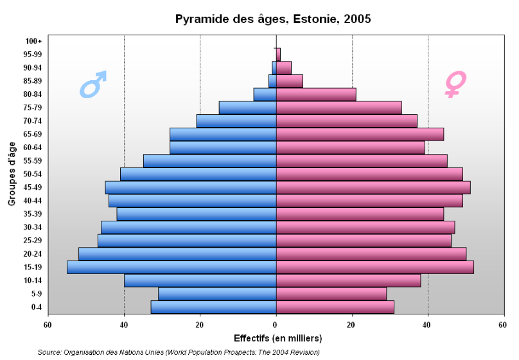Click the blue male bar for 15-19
click(172, 267)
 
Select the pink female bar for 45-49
click(373, 187)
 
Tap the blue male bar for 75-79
click(247, 108)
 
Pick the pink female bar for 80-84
click(316, 94)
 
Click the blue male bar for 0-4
click(213, 307)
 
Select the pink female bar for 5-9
click(331, 294)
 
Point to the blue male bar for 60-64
click(223, 148)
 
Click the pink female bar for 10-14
click(348, 280)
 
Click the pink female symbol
click(455, 83)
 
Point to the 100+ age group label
click(34, 41)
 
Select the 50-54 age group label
click(31, 174)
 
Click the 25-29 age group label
click(31, 241)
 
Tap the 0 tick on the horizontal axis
click(276, 325)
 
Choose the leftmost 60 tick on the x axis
click(48, 325)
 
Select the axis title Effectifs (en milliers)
click(278, 338)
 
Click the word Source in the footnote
click(49, 352)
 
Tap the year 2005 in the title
click(357, 19)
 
